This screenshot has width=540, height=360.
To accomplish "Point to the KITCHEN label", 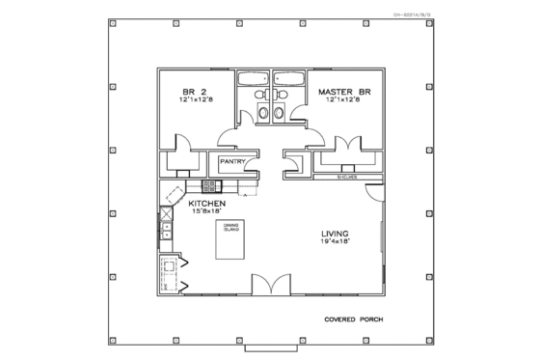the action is [206, 204].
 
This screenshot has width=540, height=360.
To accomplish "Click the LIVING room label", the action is [335, 233].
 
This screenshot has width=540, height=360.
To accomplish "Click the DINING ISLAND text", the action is [230, 228].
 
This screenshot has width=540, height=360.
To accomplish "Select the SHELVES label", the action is [348, 178].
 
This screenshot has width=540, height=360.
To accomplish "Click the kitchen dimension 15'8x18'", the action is [206, 213].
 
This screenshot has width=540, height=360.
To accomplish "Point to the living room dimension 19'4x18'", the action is [335, 242].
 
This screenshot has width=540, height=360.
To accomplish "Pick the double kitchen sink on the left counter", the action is [165, 231].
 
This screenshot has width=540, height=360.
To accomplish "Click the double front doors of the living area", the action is [270, 286].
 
